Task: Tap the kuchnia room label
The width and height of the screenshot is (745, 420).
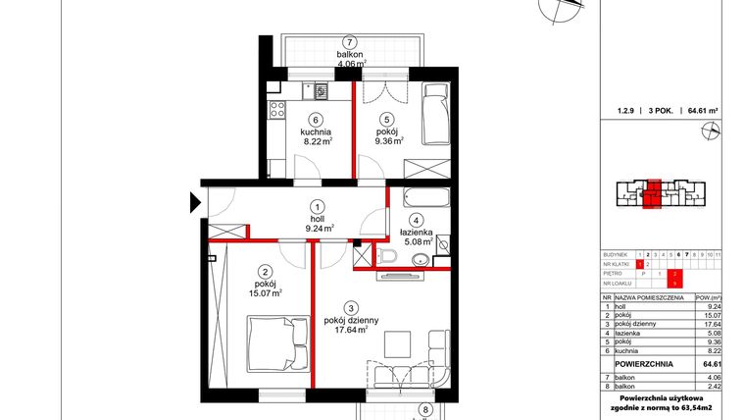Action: [x=316, y=131]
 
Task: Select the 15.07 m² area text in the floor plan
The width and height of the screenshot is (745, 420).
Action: [x=264, y=292]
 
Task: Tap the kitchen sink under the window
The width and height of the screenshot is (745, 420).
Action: [x=319, y=92]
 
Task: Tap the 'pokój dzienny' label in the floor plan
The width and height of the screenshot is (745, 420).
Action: [x=348, y=319]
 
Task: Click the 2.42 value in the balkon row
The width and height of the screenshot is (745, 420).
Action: [x=713, y=386]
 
